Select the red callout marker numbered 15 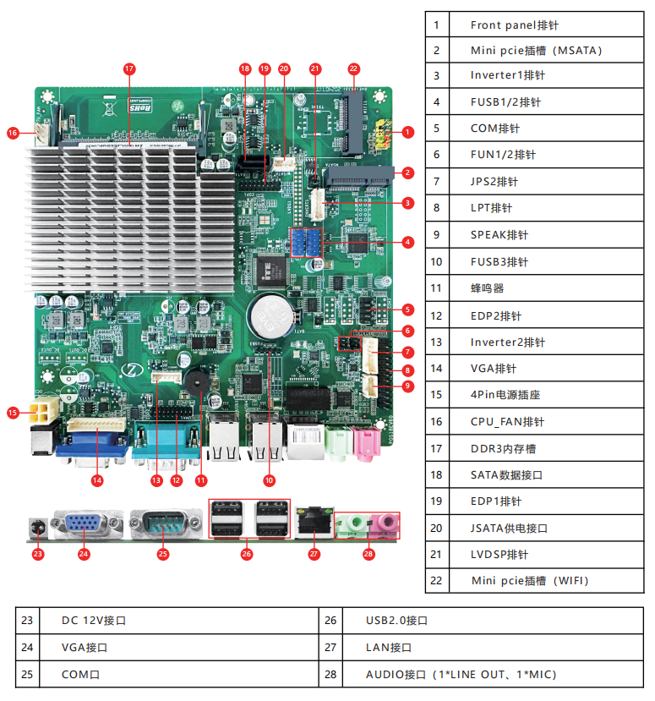point(13,413)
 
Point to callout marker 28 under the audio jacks point(368,554)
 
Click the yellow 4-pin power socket point(39,413)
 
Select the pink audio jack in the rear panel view point(385,525)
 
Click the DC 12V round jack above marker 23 point(37,528)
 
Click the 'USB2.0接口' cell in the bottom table point(483,621)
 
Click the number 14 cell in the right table point(436,369)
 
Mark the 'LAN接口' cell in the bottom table point(483,648)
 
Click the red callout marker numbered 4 point(408,242)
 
